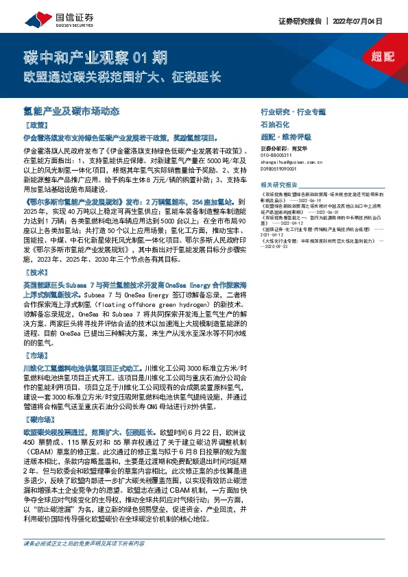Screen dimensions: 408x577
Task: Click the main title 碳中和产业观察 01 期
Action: (86, 56)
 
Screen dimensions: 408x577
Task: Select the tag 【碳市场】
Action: (38, 418)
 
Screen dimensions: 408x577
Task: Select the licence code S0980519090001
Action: (283, 168)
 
